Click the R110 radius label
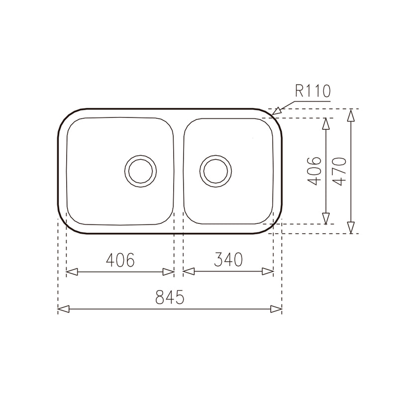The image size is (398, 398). [x=313, y=91]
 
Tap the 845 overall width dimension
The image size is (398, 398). [x=170, y=297]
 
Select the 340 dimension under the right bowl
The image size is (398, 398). [x=228, y=259]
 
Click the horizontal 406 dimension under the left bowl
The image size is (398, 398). [x=120, y=260]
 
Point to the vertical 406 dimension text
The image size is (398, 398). [x=314, y=171]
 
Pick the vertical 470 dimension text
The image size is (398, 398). [x=339, y=171]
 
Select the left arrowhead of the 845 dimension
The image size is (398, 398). [x=64, y=309]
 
